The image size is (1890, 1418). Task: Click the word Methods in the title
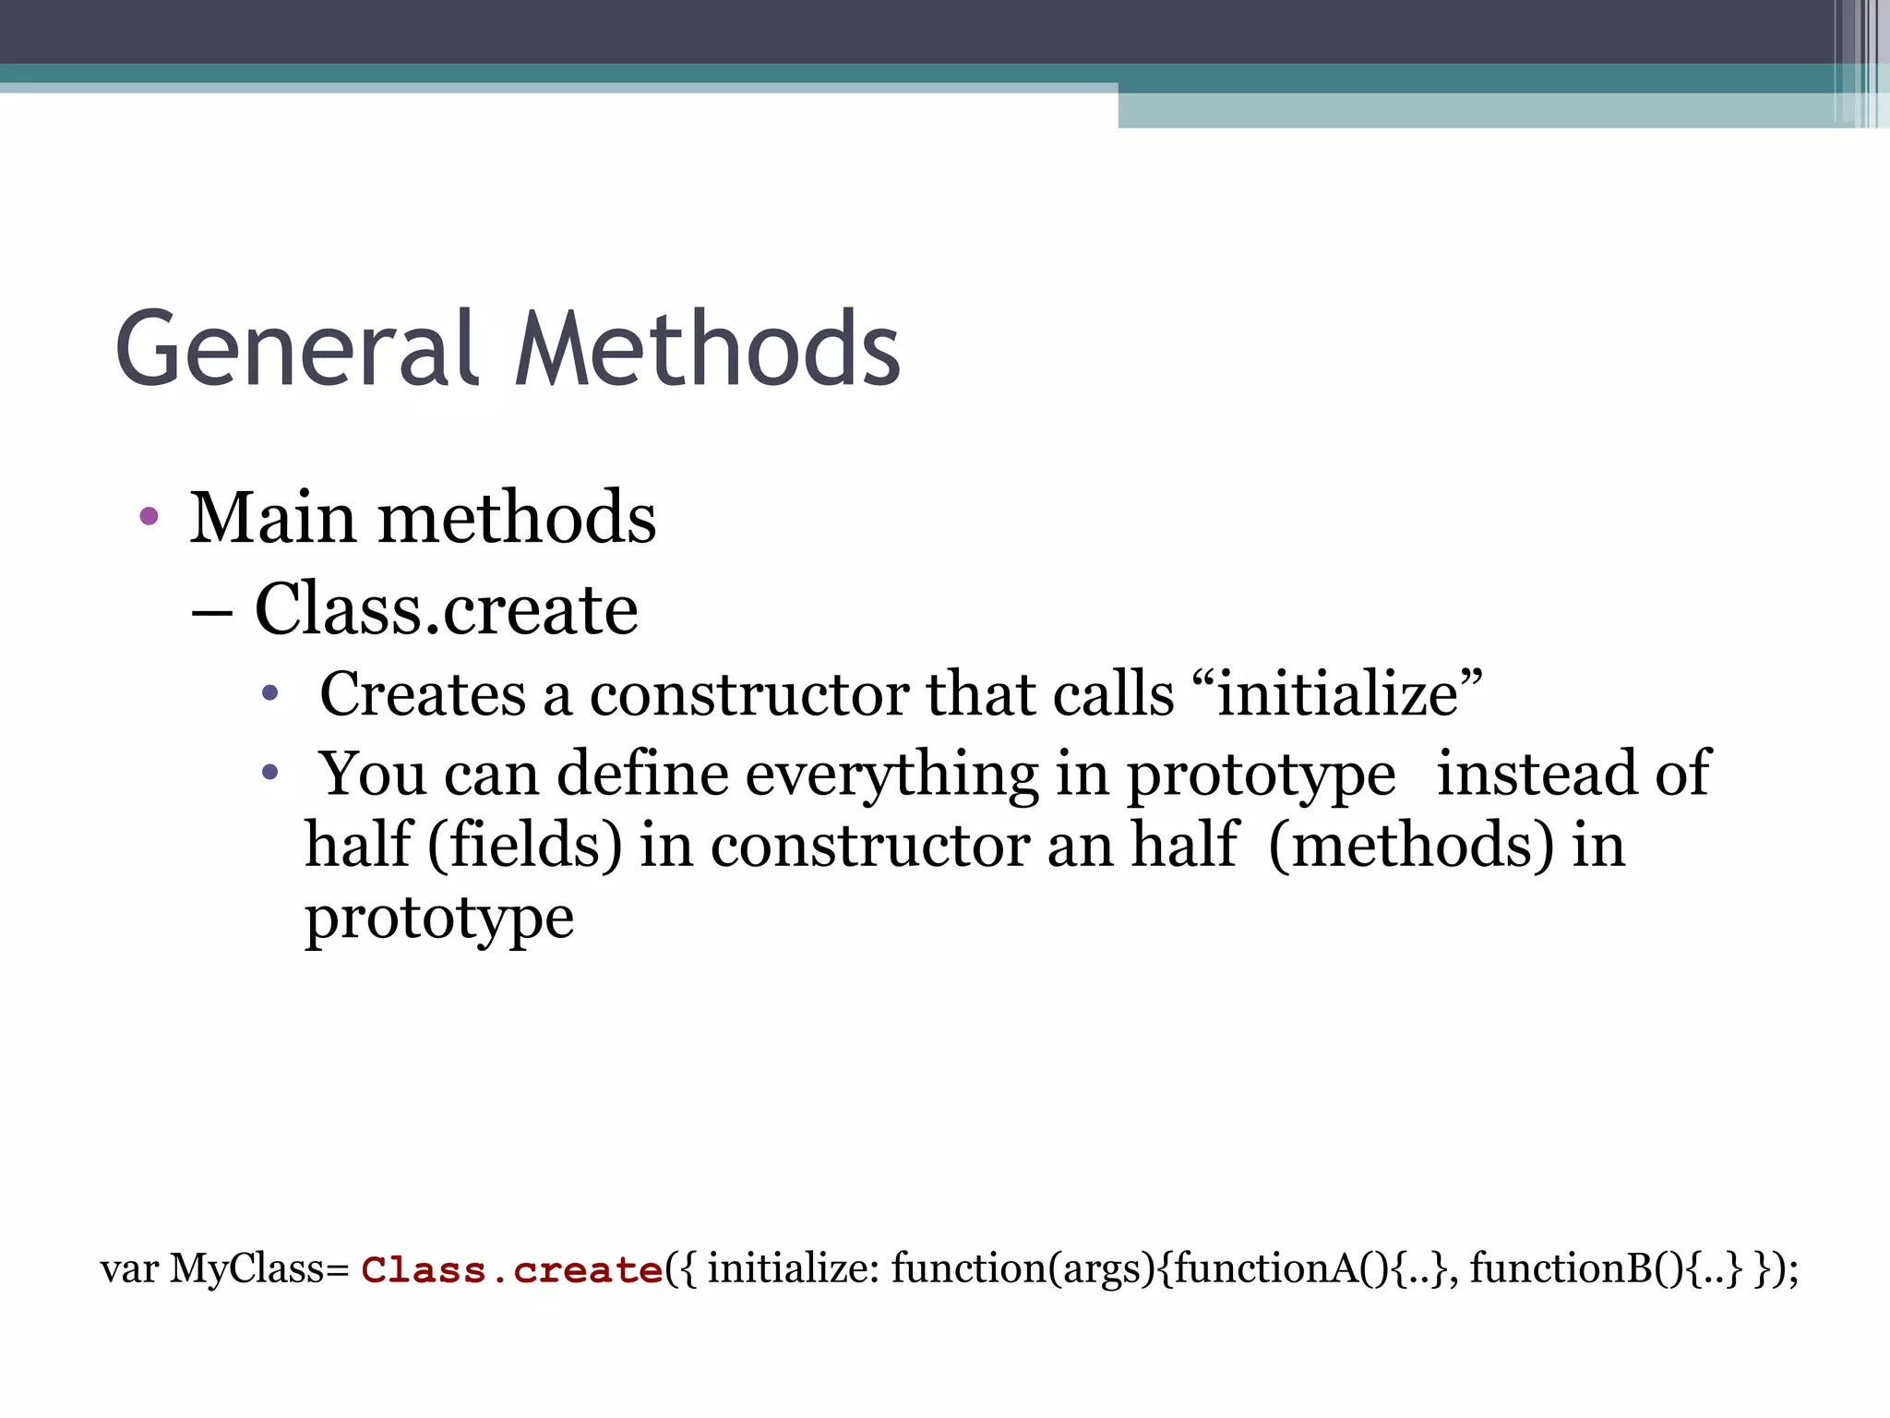(x=707, y=349)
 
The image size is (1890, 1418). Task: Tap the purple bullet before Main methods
(x=149, y=515)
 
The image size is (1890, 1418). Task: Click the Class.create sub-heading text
(x=446, y=609)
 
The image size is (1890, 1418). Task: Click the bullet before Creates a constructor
(x=269, y=692)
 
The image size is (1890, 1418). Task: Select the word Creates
(x=423, y=693)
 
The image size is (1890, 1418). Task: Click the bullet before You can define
(x=269, y=772)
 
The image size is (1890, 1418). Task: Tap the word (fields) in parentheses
(x=524, y=845)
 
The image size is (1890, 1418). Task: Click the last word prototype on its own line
(x=439, y=919)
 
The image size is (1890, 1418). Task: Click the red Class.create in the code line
(x=512, y=1270)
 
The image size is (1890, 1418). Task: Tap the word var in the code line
(x=129, y=1270)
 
